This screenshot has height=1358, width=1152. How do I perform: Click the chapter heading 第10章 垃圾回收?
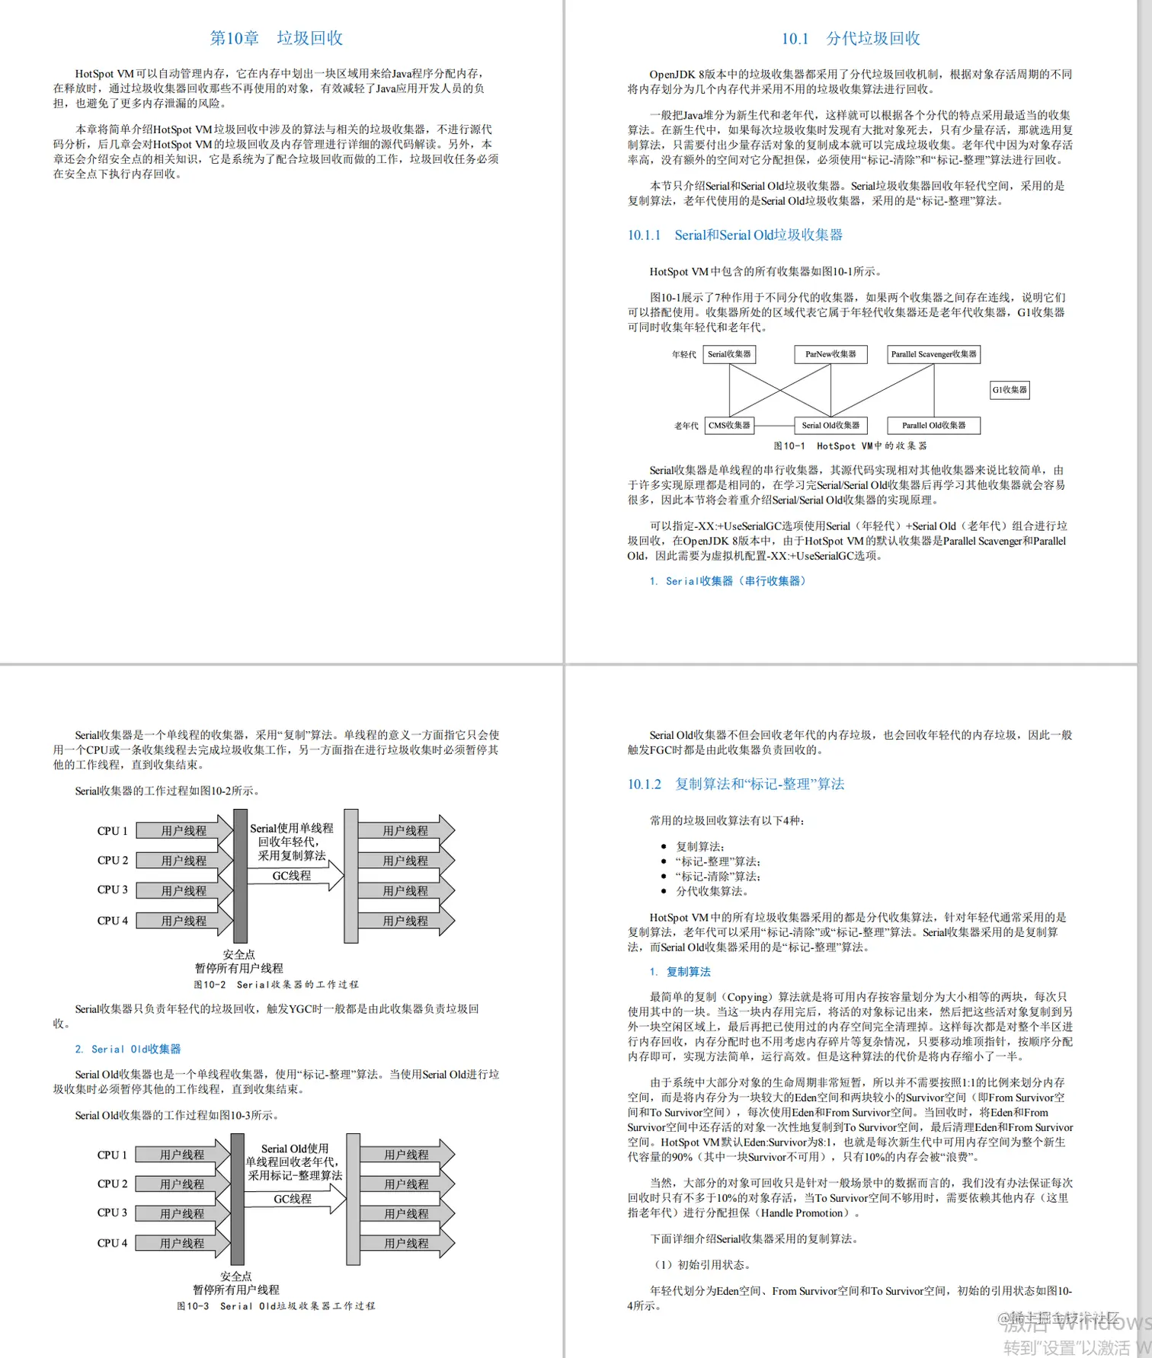[x=276, y=38]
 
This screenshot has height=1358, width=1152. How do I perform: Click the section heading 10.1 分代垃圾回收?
[x=850, y=39]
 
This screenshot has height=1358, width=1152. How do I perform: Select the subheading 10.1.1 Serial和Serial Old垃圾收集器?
[x=734, y=235]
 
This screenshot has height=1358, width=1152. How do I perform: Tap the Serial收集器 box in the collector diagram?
[x=729, y=354]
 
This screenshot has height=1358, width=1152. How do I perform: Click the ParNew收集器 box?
[x=830, y=354]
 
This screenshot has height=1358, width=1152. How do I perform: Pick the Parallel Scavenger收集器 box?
[x=933, y=354]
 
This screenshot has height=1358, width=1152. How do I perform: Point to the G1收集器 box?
[x=1010, y=390]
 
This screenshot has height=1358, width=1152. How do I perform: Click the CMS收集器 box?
[x=729, y=425]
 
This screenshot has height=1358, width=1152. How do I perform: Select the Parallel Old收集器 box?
[x=933, y=425]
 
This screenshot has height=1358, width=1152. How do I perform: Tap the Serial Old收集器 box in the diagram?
[x=830, y=425]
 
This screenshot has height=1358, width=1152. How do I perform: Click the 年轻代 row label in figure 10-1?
[x=683, y=354]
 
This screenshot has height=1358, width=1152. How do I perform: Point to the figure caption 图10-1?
[x=850, y=446]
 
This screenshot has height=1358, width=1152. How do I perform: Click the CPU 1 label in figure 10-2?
[x=112, y=831]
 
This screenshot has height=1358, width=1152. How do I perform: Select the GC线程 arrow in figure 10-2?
[x=293, y=876]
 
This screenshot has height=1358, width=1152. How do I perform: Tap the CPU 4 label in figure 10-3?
[x=112, y=1243]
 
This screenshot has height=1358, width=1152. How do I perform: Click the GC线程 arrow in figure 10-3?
[x=293, y=1199]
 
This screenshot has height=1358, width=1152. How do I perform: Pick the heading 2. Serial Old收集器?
[x=128, y=1049]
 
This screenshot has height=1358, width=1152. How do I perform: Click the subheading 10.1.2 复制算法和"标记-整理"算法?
[x=735, y=784]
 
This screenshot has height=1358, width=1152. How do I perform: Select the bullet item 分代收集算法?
[x=712, y=891]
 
